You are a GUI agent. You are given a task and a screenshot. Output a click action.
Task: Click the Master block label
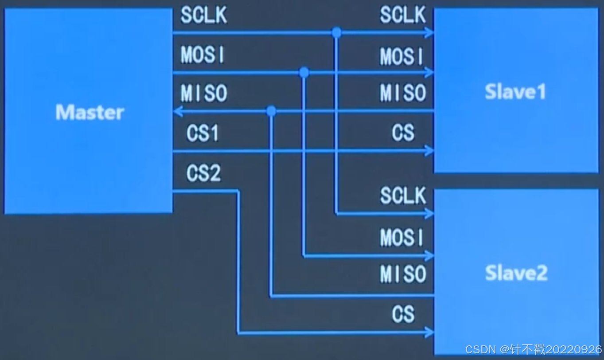90,112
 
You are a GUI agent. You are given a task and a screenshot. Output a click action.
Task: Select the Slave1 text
515,92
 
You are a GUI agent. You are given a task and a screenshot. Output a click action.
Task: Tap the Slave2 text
516,273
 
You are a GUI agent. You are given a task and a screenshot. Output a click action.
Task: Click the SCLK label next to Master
204,16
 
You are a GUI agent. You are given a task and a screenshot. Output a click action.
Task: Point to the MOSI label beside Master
203,55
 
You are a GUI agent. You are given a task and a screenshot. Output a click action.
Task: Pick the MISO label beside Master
204,94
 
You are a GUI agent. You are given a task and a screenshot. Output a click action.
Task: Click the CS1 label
203,133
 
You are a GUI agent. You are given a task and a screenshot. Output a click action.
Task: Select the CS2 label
203,173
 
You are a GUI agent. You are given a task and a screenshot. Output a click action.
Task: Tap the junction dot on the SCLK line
337,32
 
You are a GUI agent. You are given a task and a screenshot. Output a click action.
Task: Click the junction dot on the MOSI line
304,72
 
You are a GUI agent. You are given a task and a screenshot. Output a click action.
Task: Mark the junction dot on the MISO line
272,111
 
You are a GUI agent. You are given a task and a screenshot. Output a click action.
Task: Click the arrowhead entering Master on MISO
177,111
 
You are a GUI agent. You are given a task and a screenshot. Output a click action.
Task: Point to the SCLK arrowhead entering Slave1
429,32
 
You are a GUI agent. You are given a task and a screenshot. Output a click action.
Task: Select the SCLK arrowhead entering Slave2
429,214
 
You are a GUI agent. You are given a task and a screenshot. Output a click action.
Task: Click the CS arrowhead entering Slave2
429,332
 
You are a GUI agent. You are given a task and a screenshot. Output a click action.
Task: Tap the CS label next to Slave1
403,133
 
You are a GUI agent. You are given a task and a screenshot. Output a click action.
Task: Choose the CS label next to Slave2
403,314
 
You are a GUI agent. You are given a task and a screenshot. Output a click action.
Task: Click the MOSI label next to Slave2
402,238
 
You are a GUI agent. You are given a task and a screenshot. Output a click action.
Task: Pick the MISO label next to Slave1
403,94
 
